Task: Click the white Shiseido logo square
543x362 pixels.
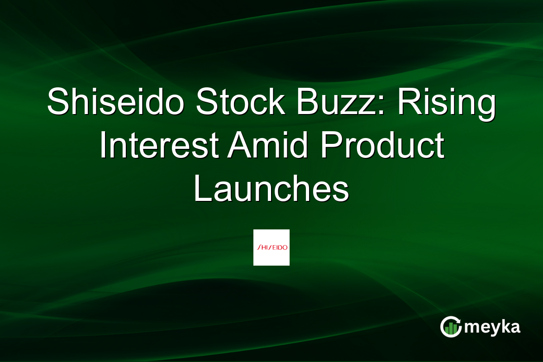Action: [x=271, y=247]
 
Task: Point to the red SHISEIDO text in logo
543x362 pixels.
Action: [x=271, y=248]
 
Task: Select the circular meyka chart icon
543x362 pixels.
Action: [x=451, y=327]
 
